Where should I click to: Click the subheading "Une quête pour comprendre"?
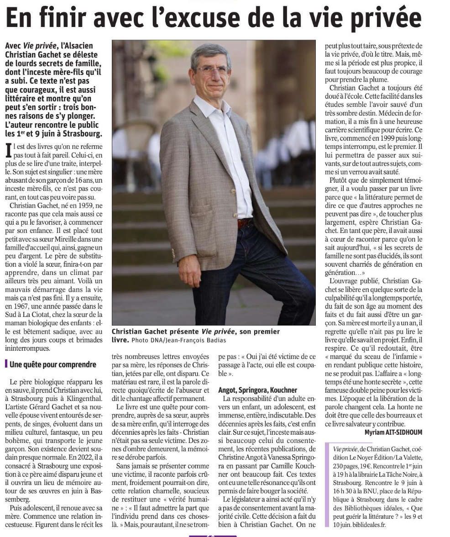pyautogui.click(x=53, y=364)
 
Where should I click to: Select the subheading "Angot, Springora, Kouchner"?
pyautogui.click(x=257, y=390)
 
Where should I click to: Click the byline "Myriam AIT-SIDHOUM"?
pyautogui.click(x=393, y=432)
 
